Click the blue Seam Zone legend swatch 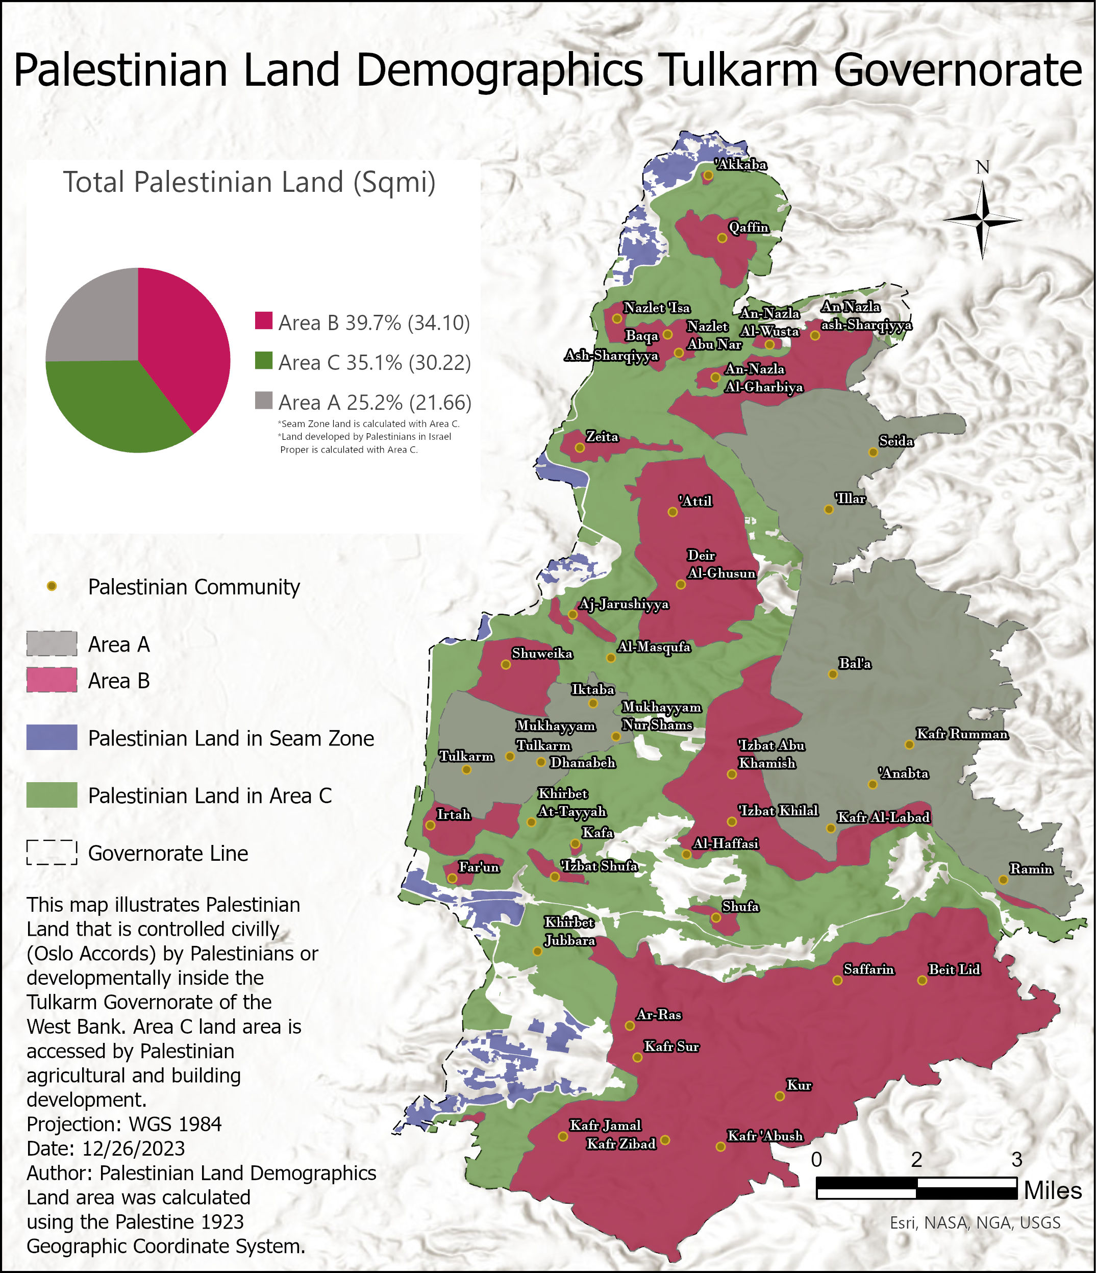pos(52,737)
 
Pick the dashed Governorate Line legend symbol pos(52,852)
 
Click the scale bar pos(916,1188)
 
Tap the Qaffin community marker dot pos(723,238)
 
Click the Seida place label pos(895,441)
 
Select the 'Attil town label pos(695,502)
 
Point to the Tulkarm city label pos(466,756)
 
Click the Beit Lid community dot pos(922,981)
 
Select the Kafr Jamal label pos(605,1125)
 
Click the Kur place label pos(799,1085)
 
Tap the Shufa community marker pos(716,917)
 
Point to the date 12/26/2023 pos(133,1149)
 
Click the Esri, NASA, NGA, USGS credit pos(975,1222)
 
